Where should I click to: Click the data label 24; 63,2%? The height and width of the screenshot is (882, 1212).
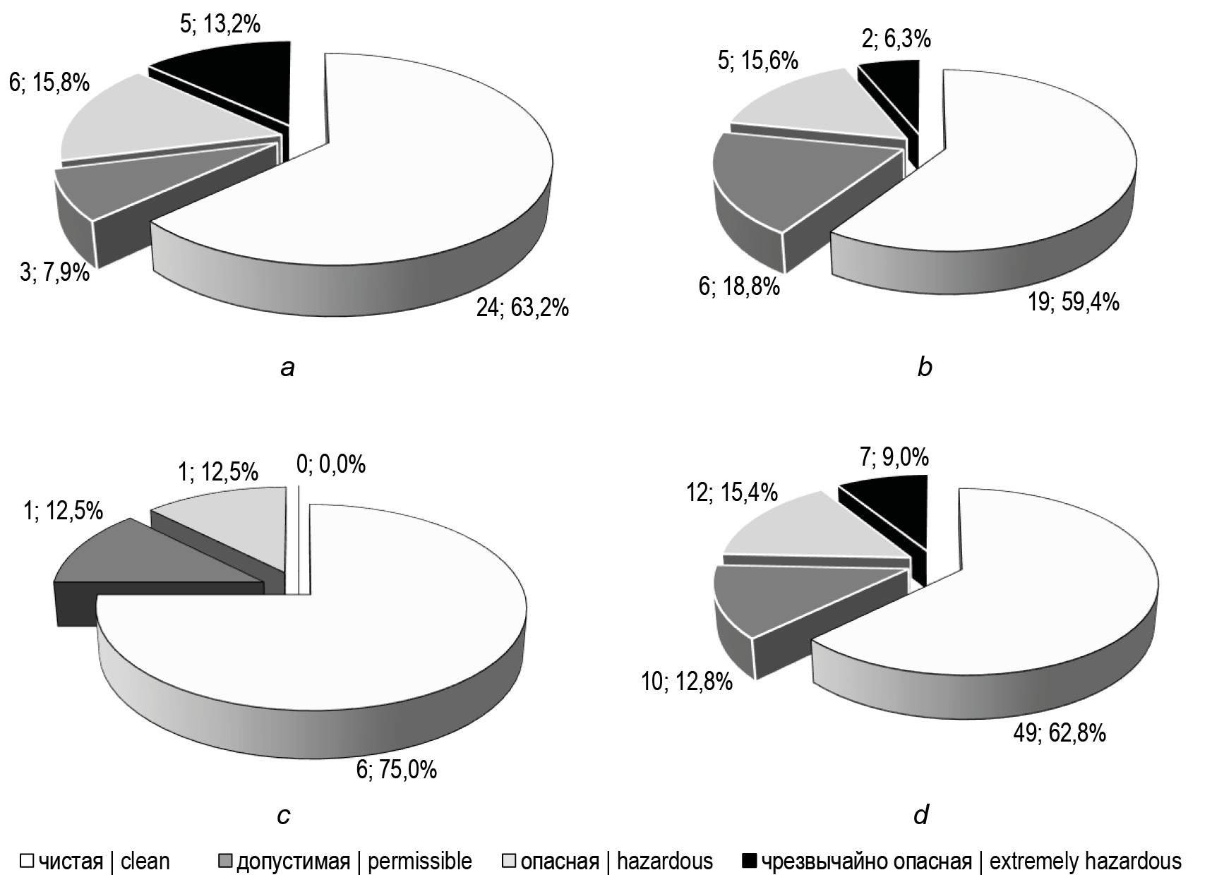tap(522, 308)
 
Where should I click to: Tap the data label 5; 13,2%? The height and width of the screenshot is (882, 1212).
tap(221, 25)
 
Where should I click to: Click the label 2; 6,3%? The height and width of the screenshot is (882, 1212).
tap(897, 40)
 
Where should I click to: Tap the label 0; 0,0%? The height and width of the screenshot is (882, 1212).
tap(331, 464)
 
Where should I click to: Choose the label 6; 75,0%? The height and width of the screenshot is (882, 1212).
tap(397, 768)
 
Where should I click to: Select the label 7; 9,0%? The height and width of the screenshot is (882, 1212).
tap(895, 459)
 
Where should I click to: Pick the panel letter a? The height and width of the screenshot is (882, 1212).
tap(287, 368)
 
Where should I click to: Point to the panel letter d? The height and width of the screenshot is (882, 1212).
tap(921, 816)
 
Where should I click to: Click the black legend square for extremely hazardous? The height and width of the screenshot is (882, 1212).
tap(750, 861)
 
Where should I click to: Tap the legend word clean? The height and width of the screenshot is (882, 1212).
tap(145, 862)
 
